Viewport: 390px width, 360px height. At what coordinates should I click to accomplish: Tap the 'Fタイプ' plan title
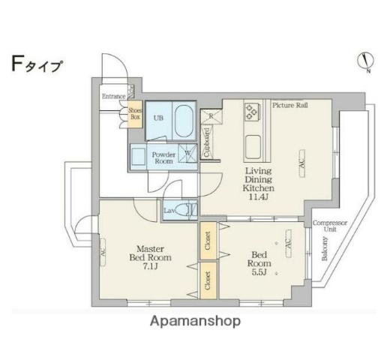pos(37,64)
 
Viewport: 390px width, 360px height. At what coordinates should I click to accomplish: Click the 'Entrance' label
pos(114,96)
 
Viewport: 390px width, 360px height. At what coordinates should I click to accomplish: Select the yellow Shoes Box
pos(135,113)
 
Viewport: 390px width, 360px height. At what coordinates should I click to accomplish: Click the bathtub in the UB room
pos(183,120)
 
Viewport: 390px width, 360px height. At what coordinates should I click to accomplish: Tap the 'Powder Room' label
pos(164,157)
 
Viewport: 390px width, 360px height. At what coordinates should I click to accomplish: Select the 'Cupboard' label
pos(207,143)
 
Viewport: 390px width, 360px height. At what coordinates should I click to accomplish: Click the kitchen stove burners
pos(251,111)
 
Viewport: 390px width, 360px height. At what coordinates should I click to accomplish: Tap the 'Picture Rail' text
pos(290,105)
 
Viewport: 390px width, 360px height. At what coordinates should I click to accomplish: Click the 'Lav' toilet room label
pos(170,211)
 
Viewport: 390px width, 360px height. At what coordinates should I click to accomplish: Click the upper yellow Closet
pos(207,240)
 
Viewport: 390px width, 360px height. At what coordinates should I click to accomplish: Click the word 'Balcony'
pos(325,248)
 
